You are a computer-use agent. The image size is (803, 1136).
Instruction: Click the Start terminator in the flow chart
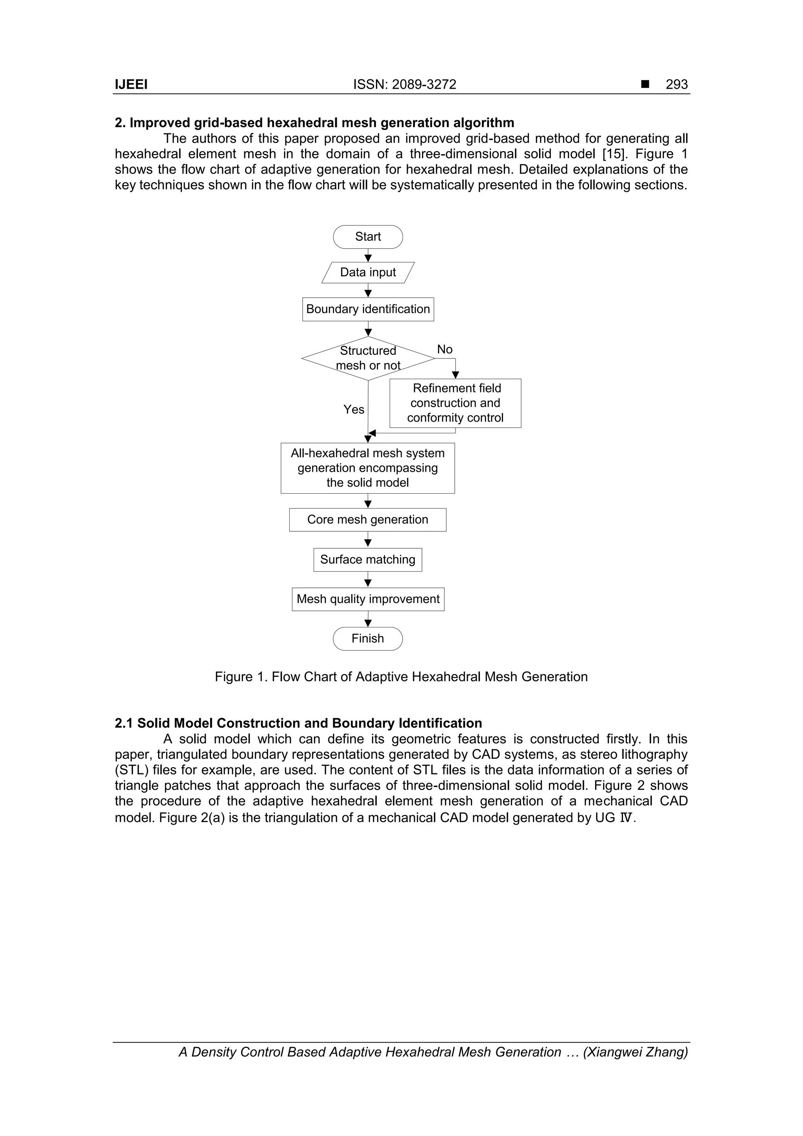coord(368,236)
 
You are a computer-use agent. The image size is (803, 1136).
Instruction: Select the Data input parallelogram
coord(368,272)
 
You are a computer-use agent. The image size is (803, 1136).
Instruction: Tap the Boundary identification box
coord(368,309)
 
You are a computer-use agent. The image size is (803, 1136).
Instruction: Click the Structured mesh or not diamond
coord(368,358)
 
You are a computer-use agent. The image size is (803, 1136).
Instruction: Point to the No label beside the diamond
coord(444,349)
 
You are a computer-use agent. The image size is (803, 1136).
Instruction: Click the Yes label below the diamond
coord(354,409)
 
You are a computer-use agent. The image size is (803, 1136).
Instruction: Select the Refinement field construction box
coord(455,403)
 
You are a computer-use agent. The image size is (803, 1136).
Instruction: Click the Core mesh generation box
coord(368,520)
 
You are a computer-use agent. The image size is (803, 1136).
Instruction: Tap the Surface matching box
coord(368,560)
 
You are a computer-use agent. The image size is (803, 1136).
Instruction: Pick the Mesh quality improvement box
coord(368,599)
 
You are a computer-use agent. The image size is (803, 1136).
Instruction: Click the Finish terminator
coord(368,638)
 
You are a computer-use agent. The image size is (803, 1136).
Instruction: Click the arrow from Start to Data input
coord(368,255)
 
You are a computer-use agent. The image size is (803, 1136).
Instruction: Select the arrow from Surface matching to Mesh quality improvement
coord(368,580)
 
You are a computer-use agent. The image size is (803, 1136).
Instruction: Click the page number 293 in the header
coord(676,85)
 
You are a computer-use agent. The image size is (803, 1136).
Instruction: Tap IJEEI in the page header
coord(131,85)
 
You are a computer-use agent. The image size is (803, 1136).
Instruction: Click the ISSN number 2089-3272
coord(424,85)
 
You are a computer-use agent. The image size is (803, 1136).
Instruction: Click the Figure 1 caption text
coord(401,676)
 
